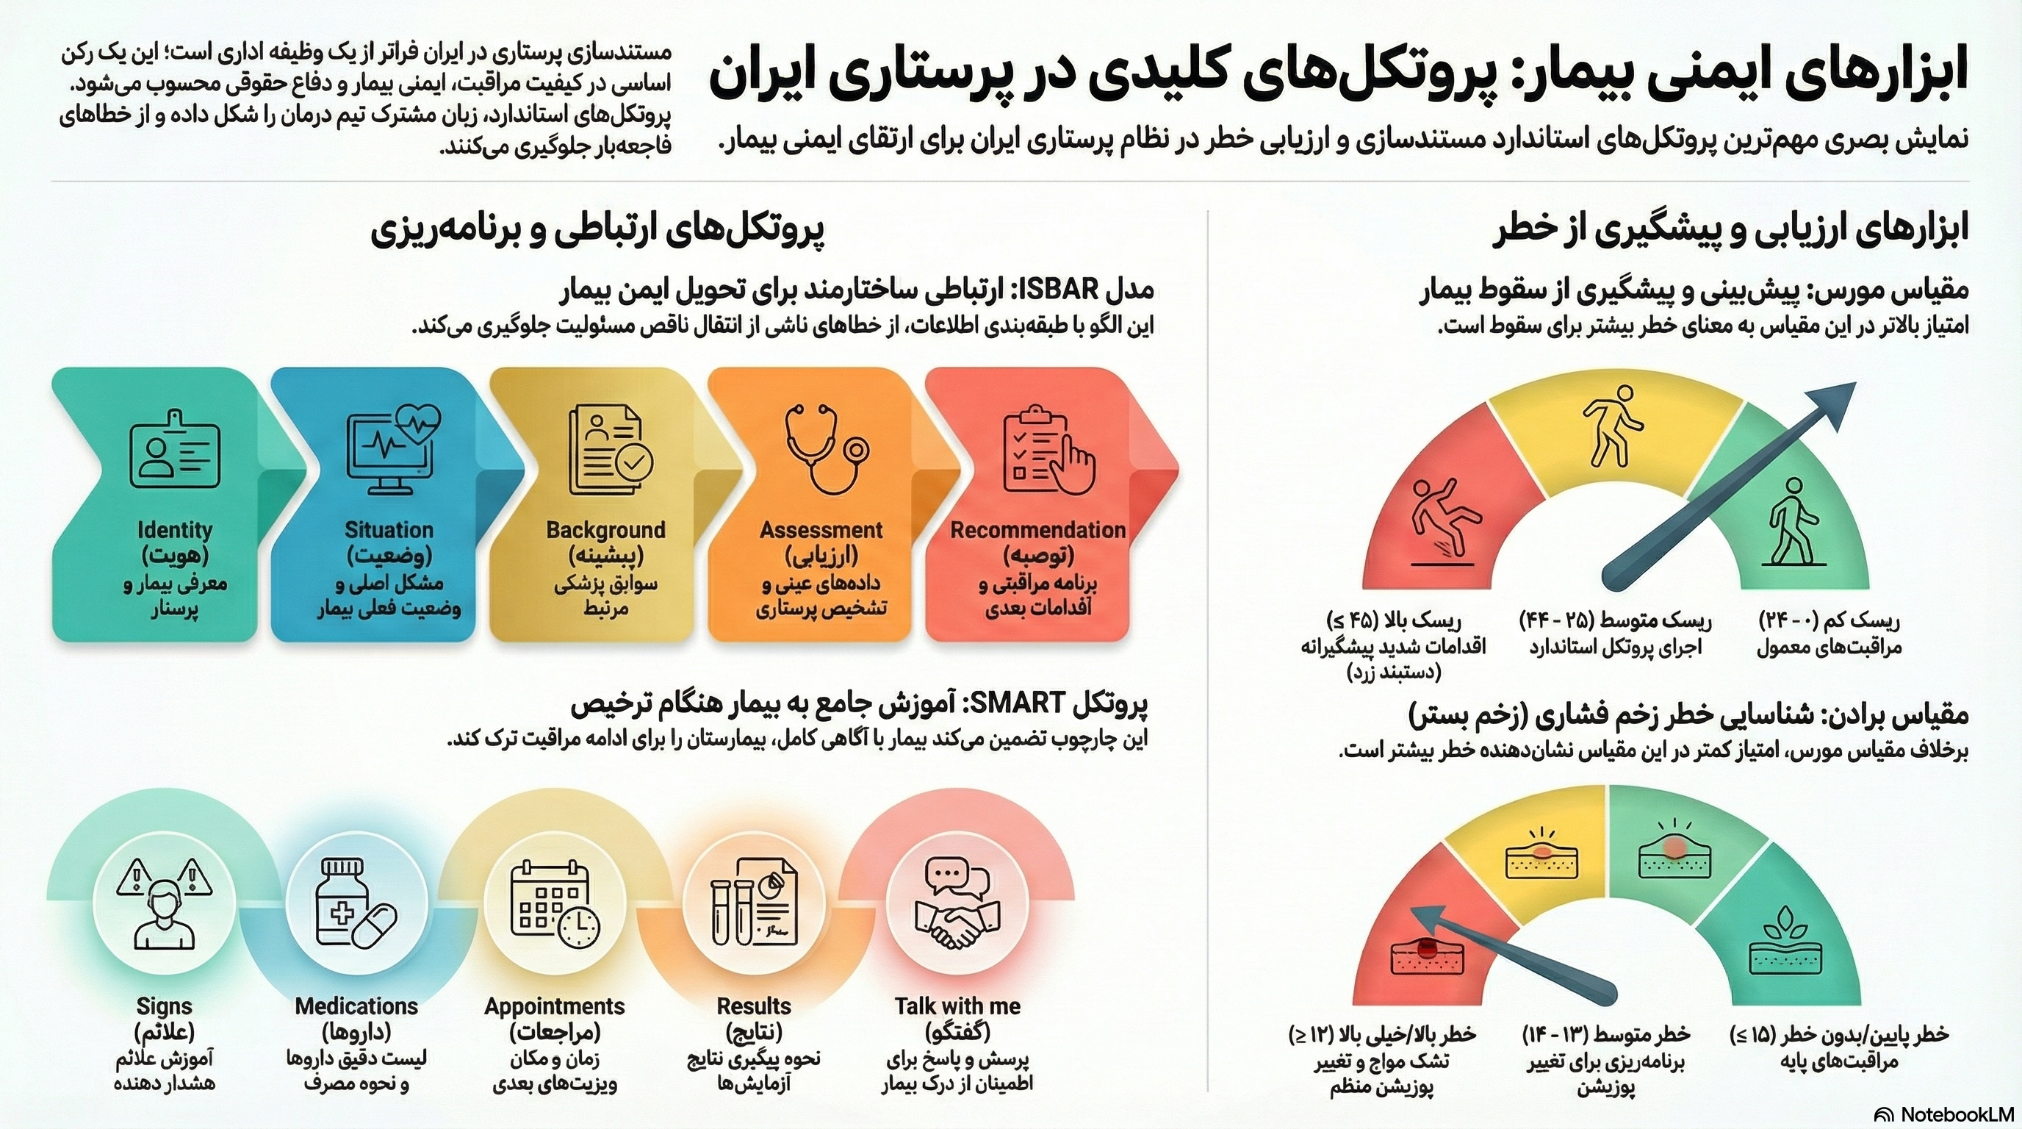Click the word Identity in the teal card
click(174, 530)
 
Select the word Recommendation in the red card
click(1037, 530)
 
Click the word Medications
click(356, 1006)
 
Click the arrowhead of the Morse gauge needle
click(1837, 401)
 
